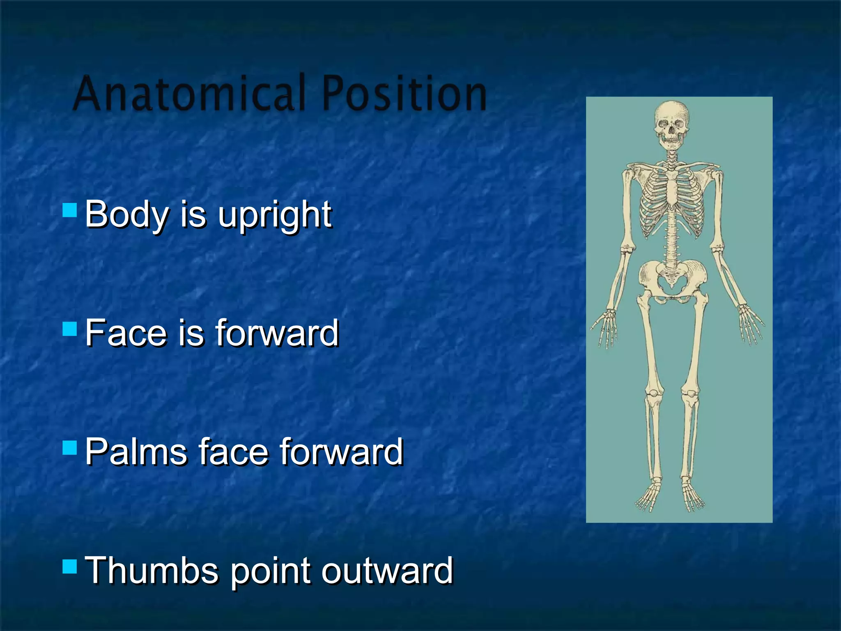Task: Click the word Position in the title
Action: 404,94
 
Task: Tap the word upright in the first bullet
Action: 274,215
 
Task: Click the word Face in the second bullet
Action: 125,333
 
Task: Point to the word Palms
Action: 136,452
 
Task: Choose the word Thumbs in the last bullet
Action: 151,571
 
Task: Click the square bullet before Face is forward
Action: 70,329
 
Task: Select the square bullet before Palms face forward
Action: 70,447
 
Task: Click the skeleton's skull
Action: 671,123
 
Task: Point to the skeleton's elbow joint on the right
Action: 717,249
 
